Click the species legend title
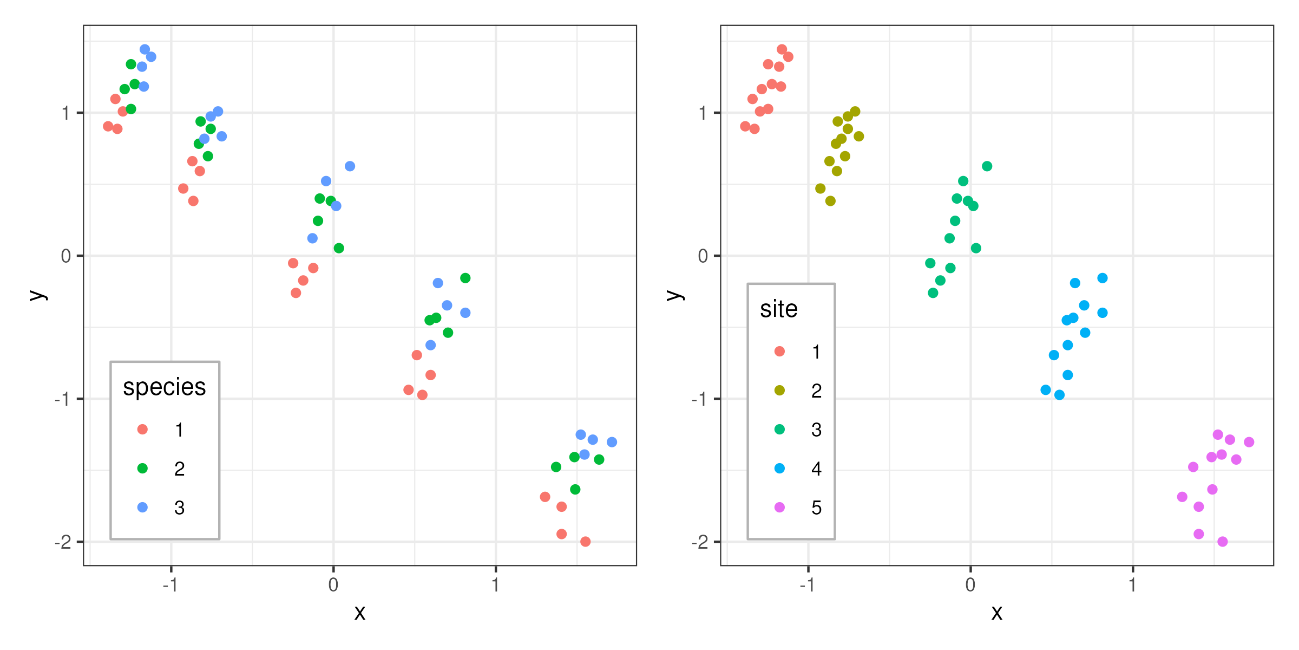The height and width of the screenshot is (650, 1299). point(164,387)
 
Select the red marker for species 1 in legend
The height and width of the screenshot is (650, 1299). point(142,430)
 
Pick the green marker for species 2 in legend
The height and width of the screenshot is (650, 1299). point(142,469)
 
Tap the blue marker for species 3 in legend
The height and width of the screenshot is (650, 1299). point(142,508)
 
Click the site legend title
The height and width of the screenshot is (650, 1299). point(778,309)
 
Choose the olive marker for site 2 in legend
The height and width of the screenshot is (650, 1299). point(779,391)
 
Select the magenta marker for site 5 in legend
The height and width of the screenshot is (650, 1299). point(779,508)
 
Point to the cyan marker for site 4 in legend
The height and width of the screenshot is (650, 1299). point(779,469)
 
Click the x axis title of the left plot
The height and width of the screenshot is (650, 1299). point(360,613)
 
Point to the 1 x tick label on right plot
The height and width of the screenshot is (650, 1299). point(1132,585)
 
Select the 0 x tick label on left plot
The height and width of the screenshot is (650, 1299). point(333,585)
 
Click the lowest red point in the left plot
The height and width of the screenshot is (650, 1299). point(585,542)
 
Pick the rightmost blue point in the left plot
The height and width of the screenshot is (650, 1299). point(612,442)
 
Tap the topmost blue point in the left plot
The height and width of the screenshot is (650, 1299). point(145,49)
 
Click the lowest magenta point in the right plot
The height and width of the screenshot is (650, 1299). point(1222,542)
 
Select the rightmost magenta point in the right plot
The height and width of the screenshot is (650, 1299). point(1249,442)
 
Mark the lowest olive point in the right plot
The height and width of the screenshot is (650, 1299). point(830,201)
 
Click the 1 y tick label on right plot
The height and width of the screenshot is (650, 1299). point(703,113)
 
